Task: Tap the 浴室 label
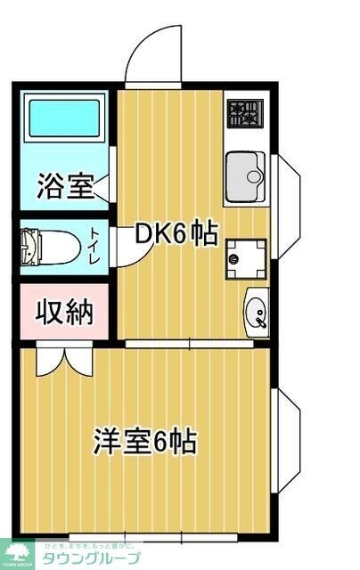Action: (64, 188)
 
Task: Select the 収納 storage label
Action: (64, 313)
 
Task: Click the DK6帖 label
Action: (176, 234)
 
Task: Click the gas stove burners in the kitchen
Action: (245, 114)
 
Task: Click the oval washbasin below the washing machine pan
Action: (257, 313)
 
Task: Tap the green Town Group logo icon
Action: (15, 551)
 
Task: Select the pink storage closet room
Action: (64, 313)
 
